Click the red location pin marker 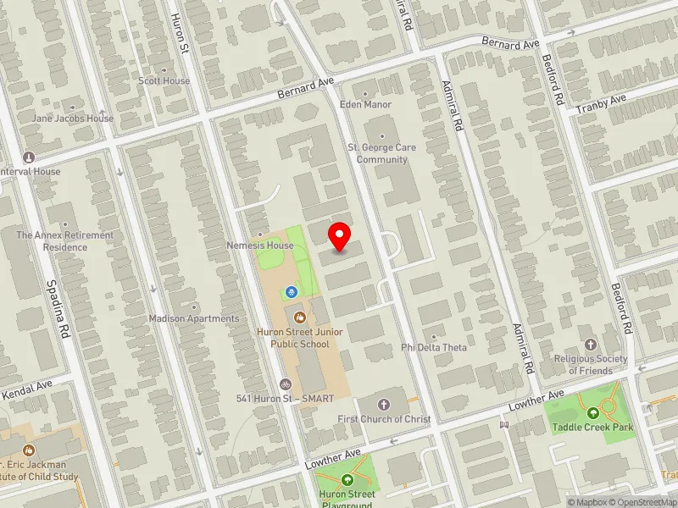pos(340,235)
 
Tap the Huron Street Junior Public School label pos(299,339)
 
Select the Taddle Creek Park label pos(593,428)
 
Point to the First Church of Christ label pos(384,419)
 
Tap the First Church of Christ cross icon pos(384,404)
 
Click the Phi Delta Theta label pos(434,348)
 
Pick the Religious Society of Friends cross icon pos(591,345)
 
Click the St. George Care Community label pos(381,153)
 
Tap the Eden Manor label pos(365,105)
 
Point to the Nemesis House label pos(260,246)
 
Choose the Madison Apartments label pos(194,318)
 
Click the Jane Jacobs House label pos(73,119)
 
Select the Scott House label pos(164,81)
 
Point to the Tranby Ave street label pos(600,104)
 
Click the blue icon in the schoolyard pos(292,292)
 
